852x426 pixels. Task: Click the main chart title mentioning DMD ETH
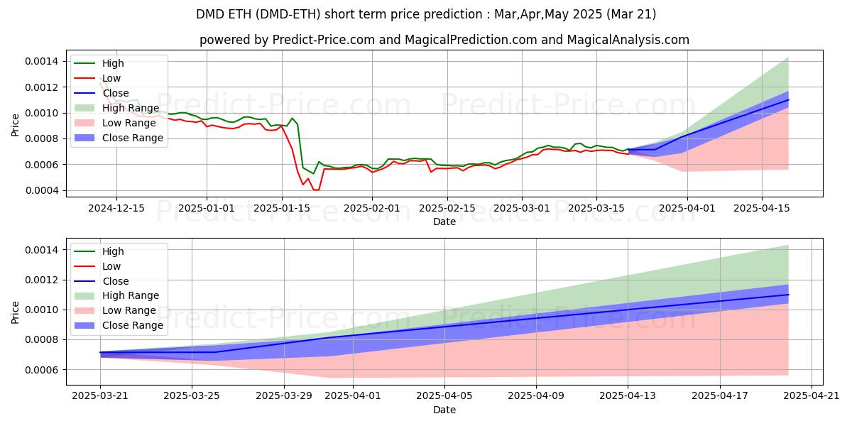(426, 13)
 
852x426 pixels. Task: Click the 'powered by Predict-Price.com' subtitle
(444, 40)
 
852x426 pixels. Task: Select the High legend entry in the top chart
(112, 63)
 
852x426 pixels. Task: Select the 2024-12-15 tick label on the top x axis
(116, 208)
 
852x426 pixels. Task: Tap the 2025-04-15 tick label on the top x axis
(762, 208)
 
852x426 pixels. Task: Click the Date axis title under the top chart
(444, 222)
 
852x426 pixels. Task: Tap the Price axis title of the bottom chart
(16, 312)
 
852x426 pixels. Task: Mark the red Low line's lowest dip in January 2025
(315, 190)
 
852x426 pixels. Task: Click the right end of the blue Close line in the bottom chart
(788, 295)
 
